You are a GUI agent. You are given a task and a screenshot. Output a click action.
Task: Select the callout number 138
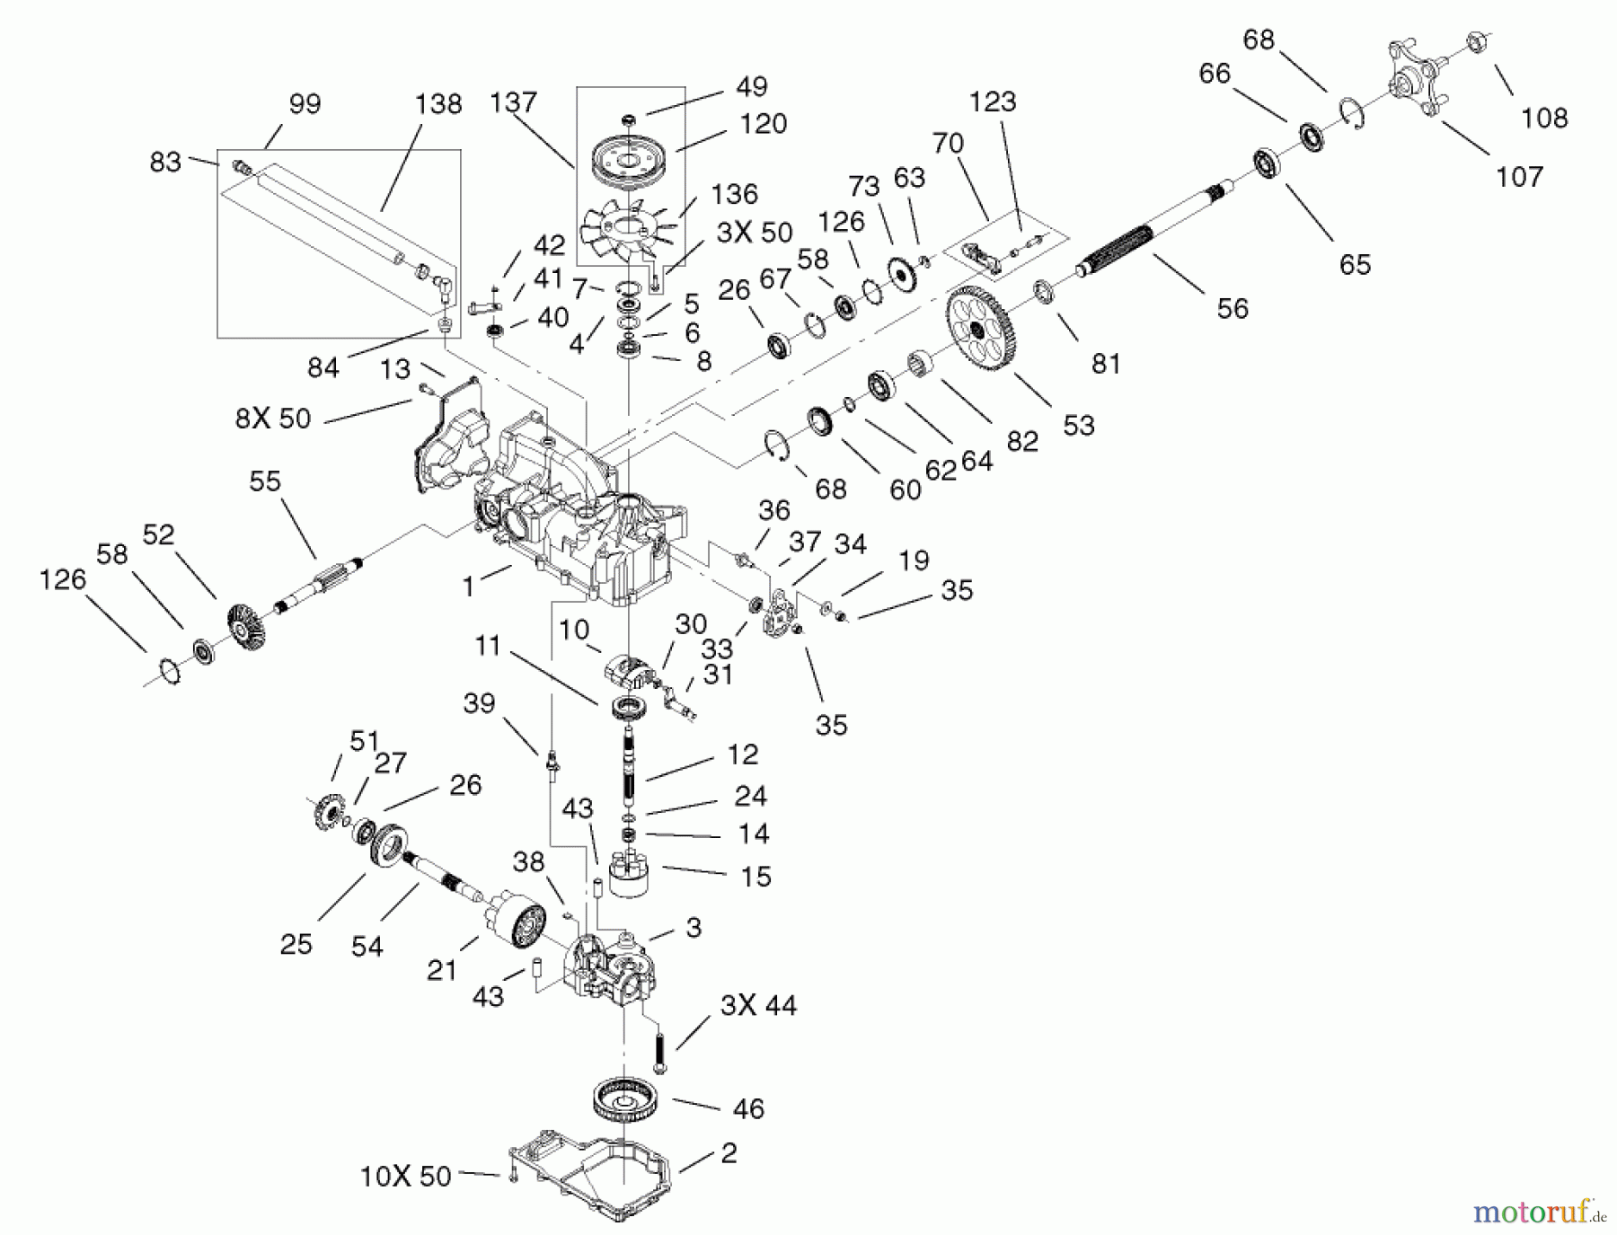pyautogui.click(x=438, y=103)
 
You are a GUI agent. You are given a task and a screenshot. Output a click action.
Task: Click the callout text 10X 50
pyautogui.click(x=406, y=1177)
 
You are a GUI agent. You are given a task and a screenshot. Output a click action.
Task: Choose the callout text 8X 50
pyautogui.click(x=273, y=418)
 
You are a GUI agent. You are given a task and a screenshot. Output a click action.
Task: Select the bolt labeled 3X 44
pyautogui.click(x=660, y=1050)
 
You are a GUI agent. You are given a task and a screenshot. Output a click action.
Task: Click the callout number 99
pyautogui.click(x=305, y=104)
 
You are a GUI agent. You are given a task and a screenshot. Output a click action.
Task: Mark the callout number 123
pyautogui.click(x=993, y=101)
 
